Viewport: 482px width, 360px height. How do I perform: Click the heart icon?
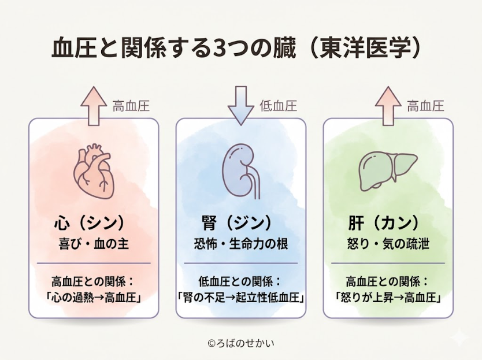(94, 171)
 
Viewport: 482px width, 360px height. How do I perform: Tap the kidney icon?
(240, 171)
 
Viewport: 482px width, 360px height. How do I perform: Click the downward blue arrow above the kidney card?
(240, 105)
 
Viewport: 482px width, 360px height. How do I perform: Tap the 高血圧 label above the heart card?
(131, 106)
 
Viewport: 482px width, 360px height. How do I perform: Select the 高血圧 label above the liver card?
(425, 106)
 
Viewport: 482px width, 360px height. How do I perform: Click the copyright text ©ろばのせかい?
(240, 343)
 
